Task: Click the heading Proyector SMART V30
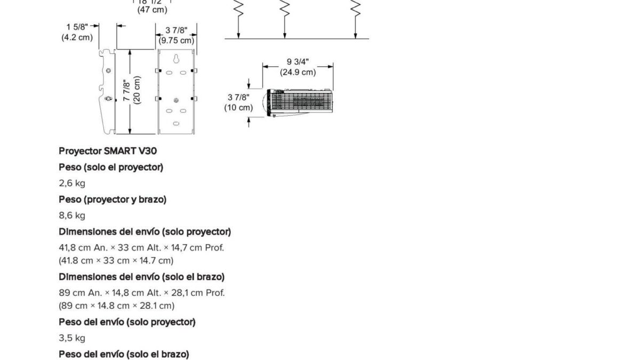[x=108, y=151]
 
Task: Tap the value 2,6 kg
[x=72, y=183]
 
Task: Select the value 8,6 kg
[x=72, y=215]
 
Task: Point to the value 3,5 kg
[x=72, y=338]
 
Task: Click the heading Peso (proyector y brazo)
[x=113, y=199]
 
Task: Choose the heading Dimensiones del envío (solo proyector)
[x=145, y=231]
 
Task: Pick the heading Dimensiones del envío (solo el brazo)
[x=142, y=277]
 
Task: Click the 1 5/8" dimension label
[x=77, y=27]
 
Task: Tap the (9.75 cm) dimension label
[x=177, y=41]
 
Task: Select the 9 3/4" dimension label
[x=298, y=62]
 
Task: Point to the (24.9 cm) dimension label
[x=298, y=72]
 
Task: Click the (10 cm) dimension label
[x=238, y=108]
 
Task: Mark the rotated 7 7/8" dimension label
[x=126, y=90]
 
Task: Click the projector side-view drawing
[x=298, y=103]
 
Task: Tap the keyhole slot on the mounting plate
[x=177, y=59]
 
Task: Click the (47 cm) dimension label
[x=153, y=10]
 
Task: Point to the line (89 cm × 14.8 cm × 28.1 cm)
[x=117, y=306]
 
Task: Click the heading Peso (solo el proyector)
[x=111, y=167]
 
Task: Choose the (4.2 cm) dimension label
[x=77, y=37]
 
